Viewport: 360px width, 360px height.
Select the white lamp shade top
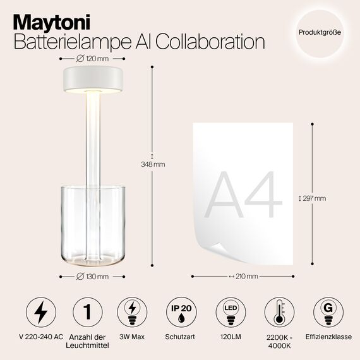92,79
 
